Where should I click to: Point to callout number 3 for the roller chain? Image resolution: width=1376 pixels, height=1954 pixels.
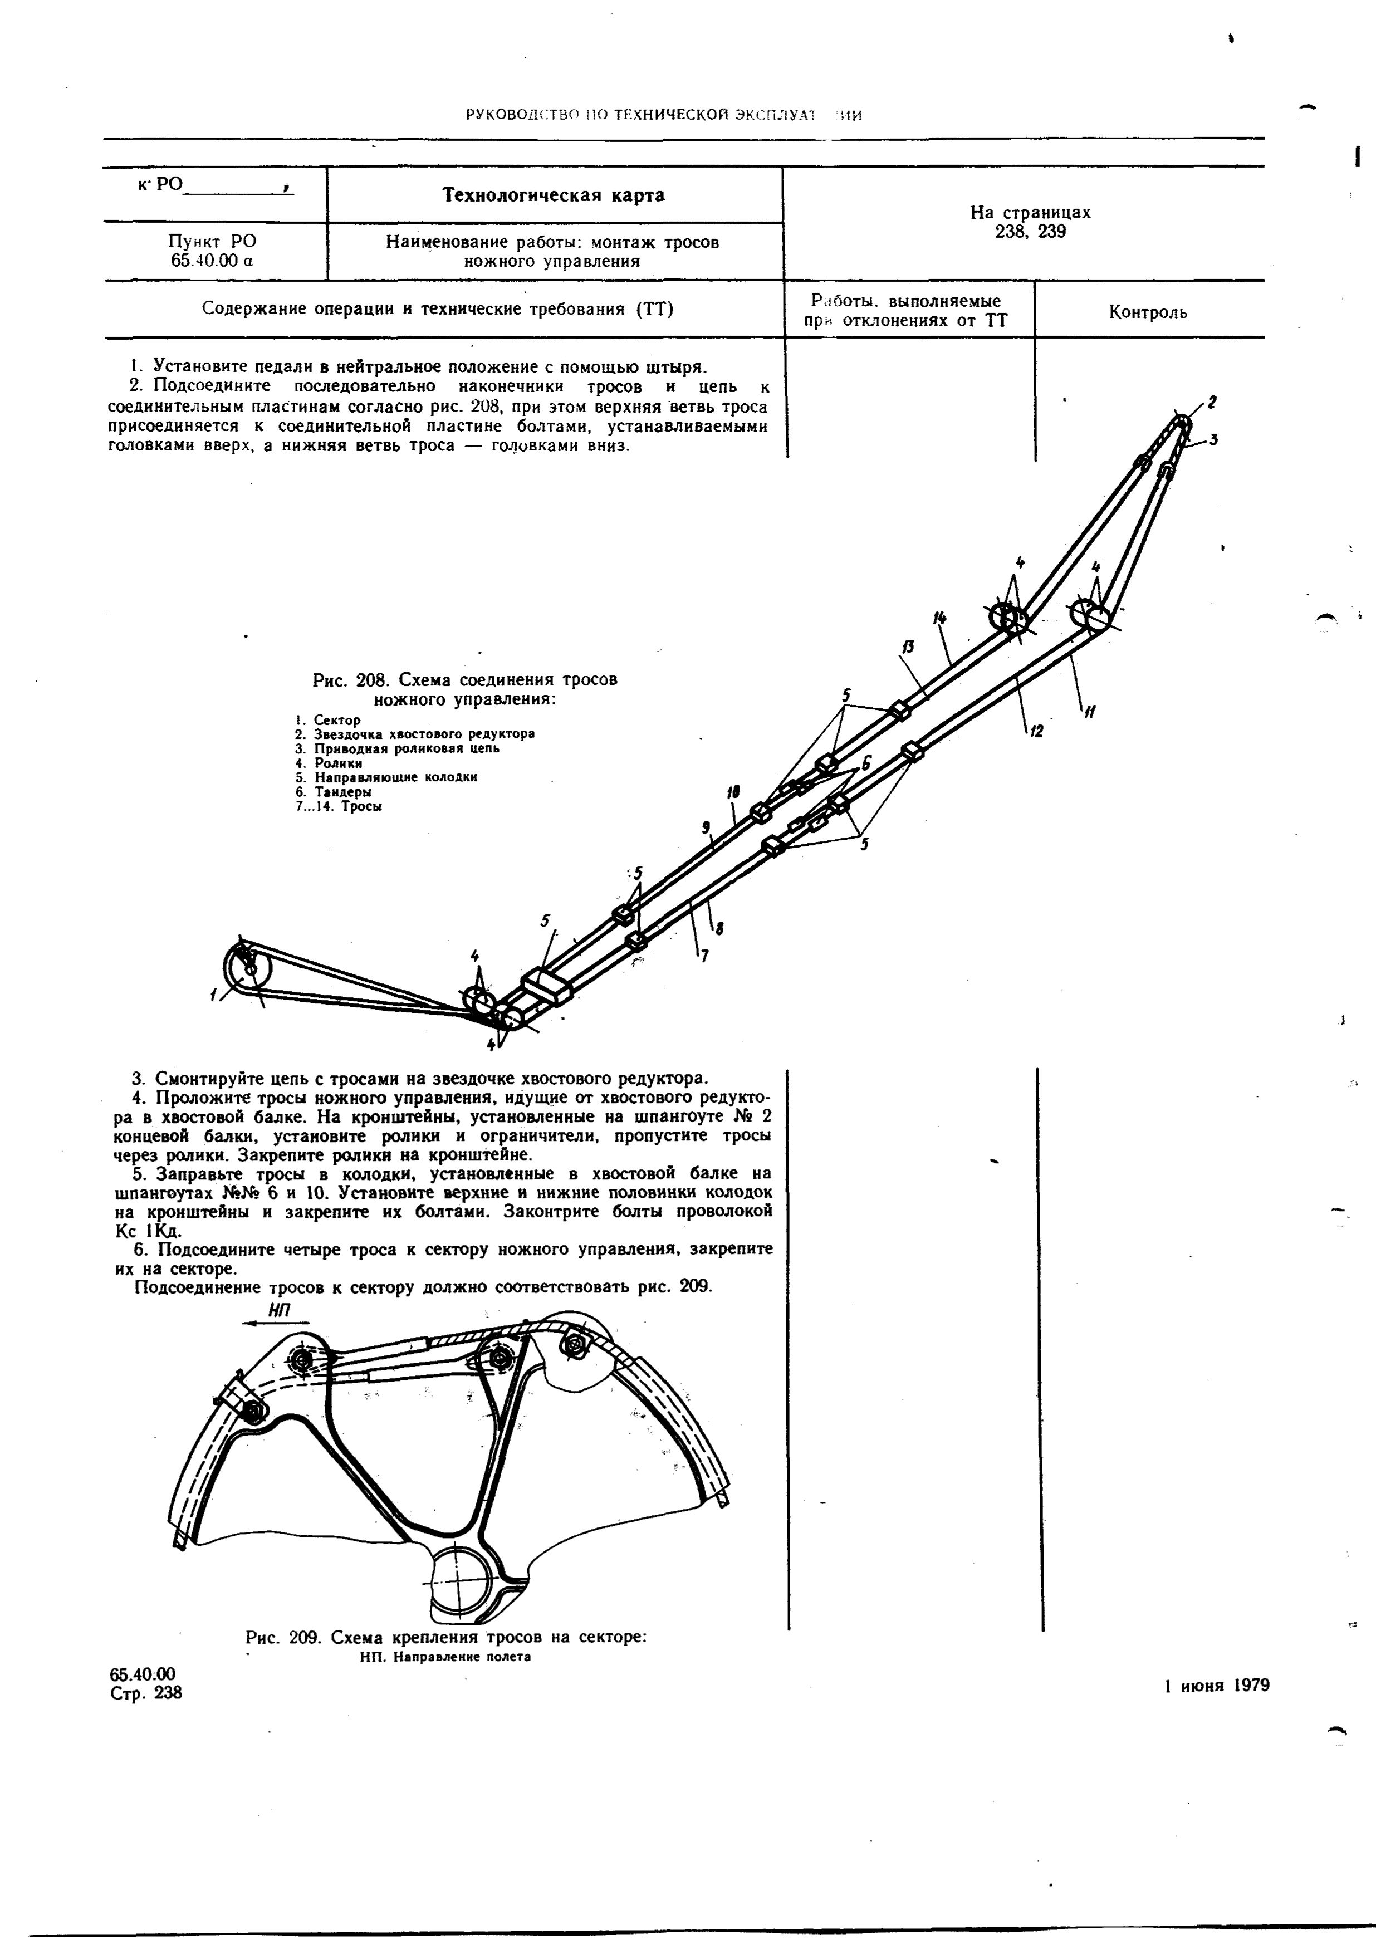point(1213,439)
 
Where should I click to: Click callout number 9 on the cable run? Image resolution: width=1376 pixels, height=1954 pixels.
point(706,825)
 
